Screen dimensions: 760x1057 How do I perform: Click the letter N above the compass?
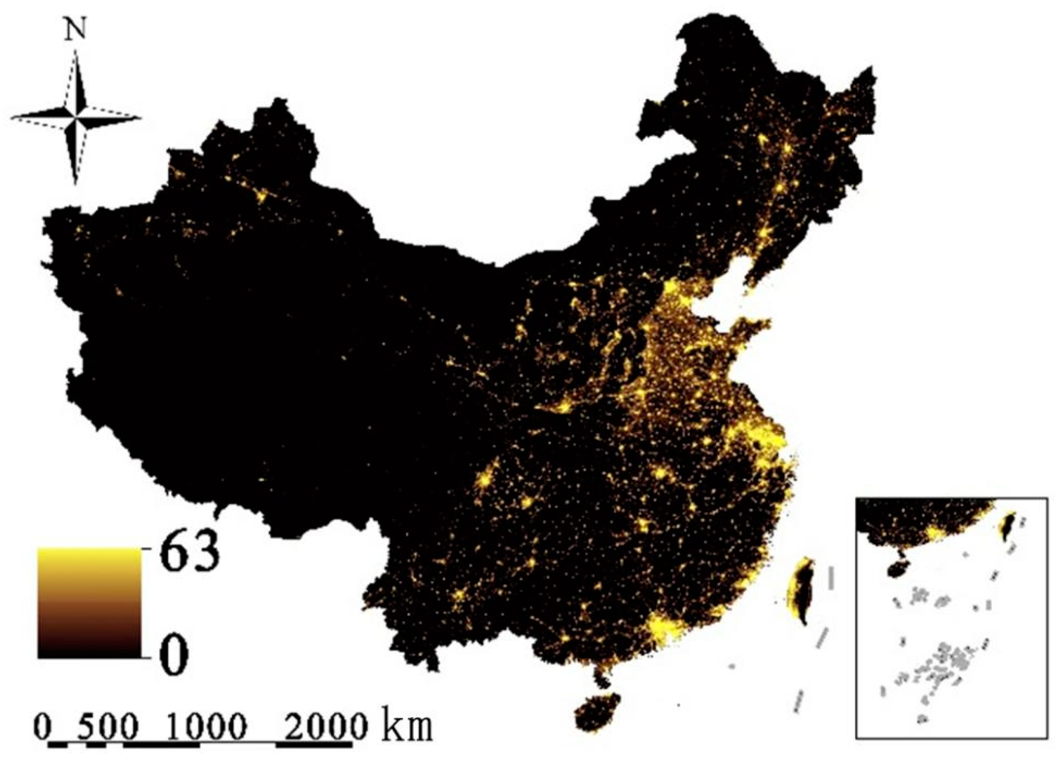coord(76,30)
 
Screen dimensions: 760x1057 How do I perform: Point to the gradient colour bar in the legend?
coord(89,603)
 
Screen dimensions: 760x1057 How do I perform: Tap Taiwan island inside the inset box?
coord(1008,526)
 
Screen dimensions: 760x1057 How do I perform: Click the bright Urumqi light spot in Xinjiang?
coord(262,196)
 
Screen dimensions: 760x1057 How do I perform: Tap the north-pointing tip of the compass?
coord(76,52)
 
